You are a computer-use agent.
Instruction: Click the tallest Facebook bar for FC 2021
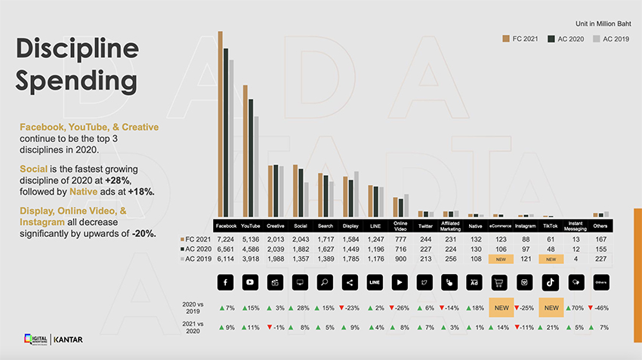220,125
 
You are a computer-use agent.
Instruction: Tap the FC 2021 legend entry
520,38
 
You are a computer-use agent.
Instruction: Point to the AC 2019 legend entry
611,38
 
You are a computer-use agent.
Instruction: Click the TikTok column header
551,226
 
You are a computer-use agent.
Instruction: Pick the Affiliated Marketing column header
451,226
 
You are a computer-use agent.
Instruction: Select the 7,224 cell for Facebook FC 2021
226,238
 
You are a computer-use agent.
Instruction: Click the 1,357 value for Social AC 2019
301,259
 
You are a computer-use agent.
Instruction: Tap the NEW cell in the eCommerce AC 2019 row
501,259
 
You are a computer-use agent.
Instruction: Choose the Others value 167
600,238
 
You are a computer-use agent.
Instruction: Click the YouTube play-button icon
251,282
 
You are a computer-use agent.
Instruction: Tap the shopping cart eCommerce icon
501,282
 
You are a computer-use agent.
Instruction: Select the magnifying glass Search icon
326,282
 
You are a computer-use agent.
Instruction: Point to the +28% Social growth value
301,308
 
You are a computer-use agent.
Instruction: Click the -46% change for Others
600,308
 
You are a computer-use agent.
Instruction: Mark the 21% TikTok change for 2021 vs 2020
551,328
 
